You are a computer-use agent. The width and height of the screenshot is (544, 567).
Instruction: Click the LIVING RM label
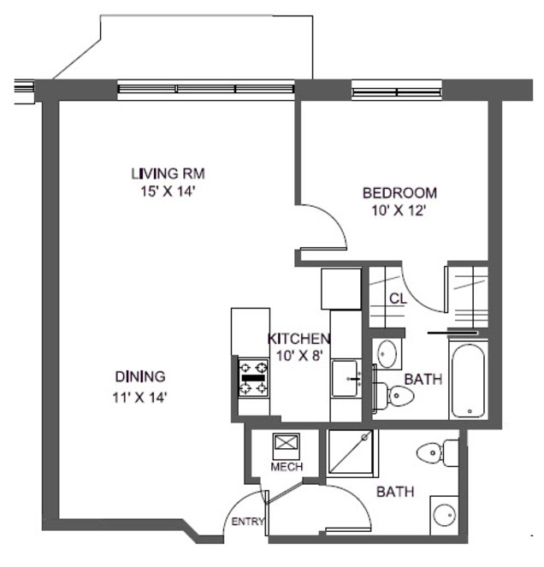tap(168, 174)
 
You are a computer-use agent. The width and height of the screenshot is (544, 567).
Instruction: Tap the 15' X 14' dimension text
tap(168, 192)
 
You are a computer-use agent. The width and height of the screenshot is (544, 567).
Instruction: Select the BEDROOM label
tap(399, 192)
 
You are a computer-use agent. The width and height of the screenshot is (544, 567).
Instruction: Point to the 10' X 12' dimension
tap(398, 210)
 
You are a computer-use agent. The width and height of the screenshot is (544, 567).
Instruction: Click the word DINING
tap(140, 376)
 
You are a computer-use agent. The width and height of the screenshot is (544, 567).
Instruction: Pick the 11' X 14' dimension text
tap(139, 398)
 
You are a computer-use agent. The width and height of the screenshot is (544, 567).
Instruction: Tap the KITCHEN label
tap(299, 339)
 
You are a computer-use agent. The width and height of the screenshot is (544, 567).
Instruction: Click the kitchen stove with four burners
tap(253, 378)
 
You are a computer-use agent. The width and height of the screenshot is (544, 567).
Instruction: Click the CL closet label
tap(398, 298)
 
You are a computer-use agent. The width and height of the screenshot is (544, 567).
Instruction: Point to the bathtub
tap(468, 381)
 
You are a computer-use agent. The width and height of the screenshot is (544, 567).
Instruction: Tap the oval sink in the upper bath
tap(387, 353)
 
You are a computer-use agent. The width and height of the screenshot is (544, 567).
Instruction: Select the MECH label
tap(287, 466)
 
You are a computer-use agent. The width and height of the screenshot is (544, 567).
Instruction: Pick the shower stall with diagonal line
tap(350, 452)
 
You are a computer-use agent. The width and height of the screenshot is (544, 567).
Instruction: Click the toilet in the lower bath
tap(438, 452)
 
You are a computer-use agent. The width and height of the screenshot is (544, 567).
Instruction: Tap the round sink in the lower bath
tap(445, 515)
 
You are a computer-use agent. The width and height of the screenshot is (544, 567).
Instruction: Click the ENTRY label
tap(248, 522)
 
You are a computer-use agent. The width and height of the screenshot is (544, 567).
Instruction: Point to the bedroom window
tap(397, 92)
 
